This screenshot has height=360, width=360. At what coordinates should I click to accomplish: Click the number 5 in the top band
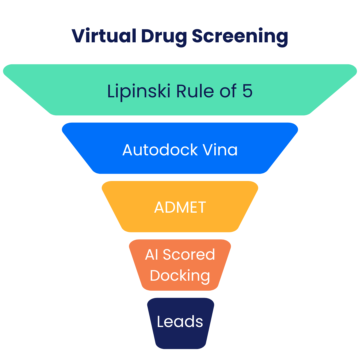pyautogui.click(x=247, y=91)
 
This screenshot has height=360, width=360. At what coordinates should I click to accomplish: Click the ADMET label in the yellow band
pyautogui.click(x=180, y=207)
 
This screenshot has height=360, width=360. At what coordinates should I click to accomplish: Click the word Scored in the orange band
pyautogui.click(x=189, y=255)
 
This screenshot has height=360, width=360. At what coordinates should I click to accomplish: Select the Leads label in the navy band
pyautogui.click(x=180, y=322)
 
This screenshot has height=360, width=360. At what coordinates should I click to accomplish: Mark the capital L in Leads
pyautogui.click(x=160, y=322)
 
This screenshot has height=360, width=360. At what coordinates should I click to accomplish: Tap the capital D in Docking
pyautogui.click(x=155, y=275)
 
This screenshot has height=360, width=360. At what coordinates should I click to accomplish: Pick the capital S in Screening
pyautogui.click(x=198, y=36)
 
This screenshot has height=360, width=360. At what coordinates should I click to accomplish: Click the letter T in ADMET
pyautogui.click(x=201, y=207)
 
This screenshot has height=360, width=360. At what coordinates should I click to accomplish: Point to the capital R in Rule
pyautogui.click(x=181, y=91)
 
